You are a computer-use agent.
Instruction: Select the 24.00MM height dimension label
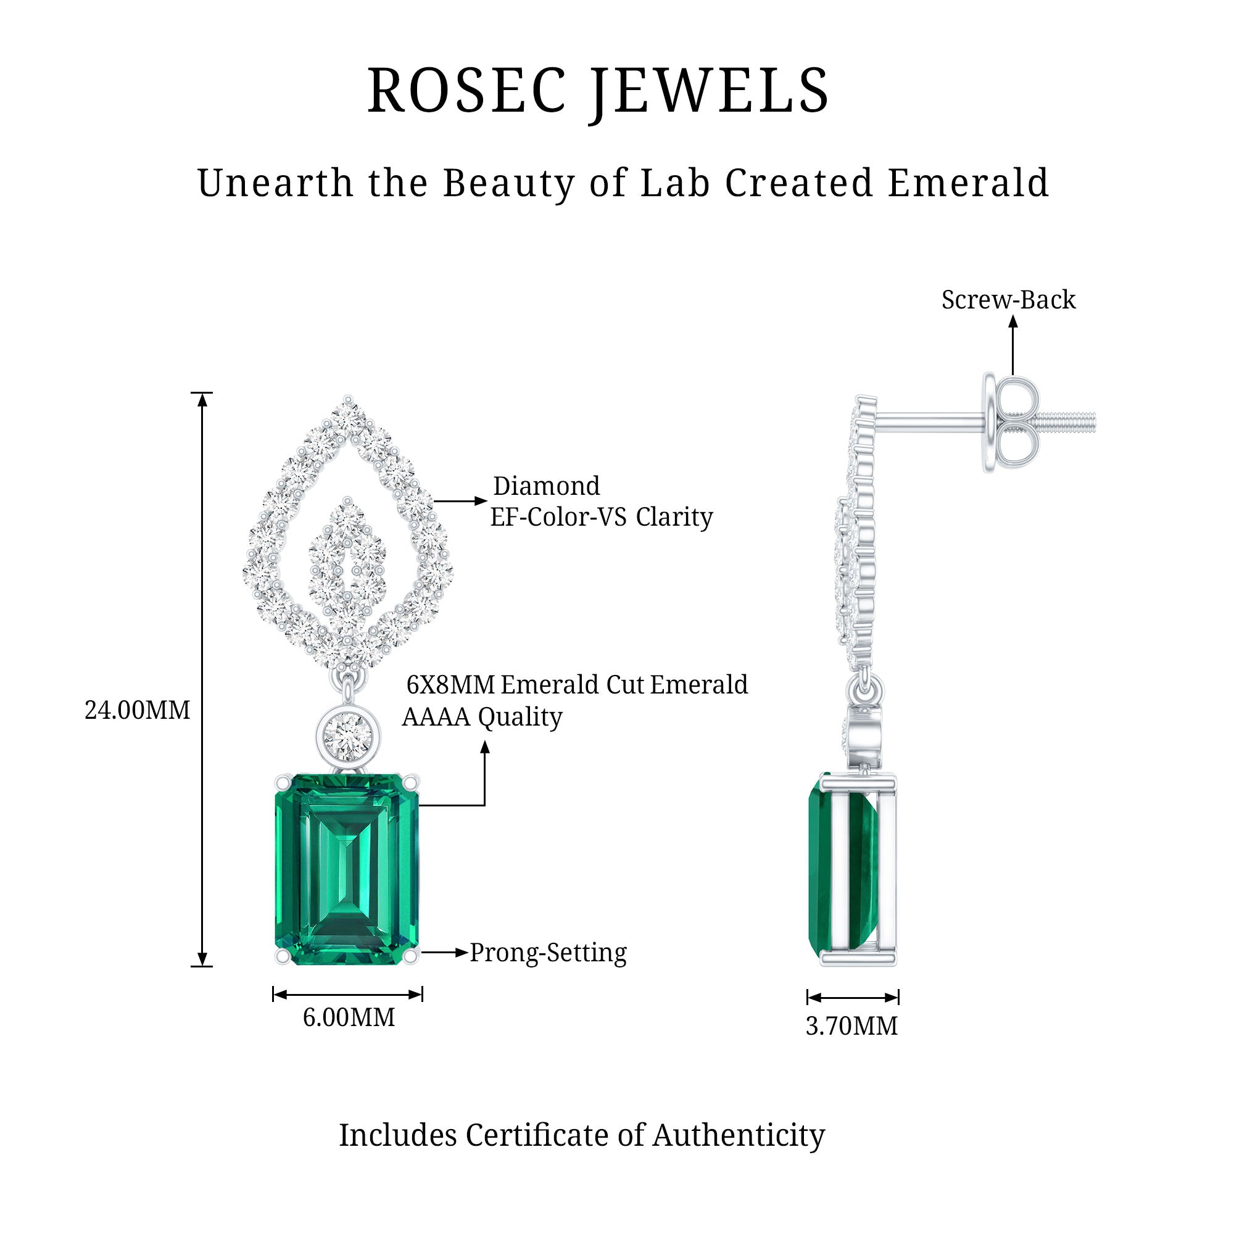(x=138, y=710)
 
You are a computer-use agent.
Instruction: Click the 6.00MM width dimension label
(x=349, y=1017)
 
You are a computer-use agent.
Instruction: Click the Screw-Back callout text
(x=1009, y=300)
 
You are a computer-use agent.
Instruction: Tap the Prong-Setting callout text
(x=548, y=953)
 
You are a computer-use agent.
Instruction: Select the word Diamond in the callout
(x=547, y=486)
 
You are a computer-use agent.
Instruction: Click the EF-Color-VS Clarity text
(x=601, y=516)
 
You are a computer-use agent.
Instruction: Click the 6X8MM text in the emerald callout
(x=451, y=685)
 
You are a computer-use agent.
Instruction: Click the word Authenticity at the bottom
(x=739, y=1135)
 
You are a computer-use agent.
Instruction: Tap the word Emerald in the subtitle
(x=968, y=183)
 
